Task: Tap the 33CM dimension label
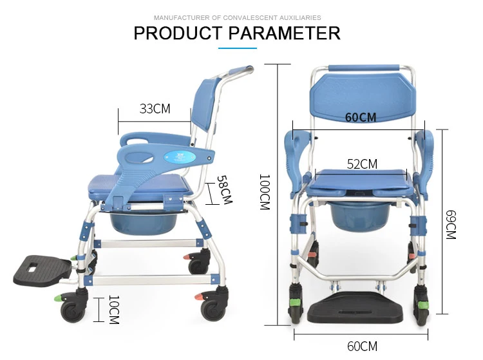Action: (155, 109)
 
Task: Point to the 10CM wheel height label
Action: (112, 310)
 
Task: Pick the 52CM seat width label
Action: (362, 164)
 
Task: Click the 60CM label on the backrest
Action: (361, 117)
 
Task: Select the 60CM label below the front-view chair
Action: (361, 346)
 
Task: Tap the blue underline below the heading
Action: (238, 48)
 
